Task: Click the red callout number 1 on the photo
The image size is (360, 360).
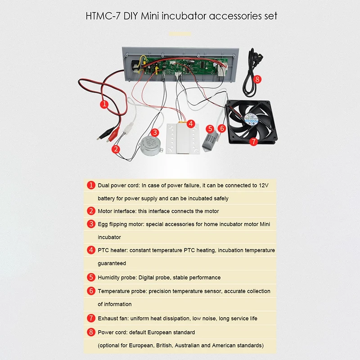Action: [x=104, y=105]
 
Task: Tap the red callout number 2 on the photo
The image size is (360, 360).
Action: [x=116, y=149]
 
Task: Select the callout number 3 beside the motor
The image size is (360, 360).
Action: [x=154, y=132]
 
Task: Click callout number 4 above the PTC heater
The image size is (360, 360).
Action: [x=191, y=123]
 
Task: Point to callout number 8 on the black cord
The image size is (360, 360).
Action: [x=257, y=79]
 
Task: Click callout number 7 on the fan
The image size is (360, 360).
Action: [x=252, y=141]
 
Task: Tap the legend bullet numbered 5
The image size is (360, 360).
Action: [x=91, y=277]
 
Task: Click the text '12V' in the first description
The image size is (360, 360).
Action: [x=263, y=185]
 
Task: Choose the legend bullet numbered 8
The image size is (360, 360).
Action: [x=91, y=332]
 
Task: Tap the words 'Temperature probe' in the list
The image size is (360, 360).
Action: [x=121, y=291]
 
